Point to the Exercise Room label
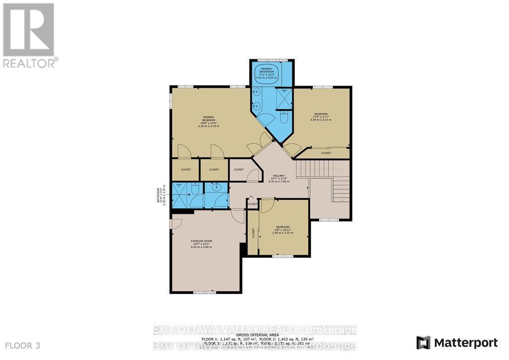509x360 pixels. pyautogui.click(x=201, y=244)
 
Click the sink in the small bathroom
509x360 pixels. pyautogui.click(x=216, y=188)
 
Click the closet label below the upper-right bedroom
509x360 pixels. pyautogui.click(x=326, y=153)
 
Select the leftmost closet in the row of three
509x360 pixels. pyautogui.click(x=186, y=170)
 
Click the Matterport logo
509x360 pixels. pyautogui.click(x=457, y=343)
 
